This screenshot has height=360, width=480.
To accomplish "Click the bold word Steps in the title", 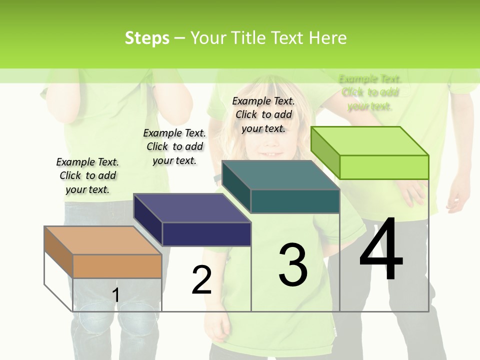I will (147, 38).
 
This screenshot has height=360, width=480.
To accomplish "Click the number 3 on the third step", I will (293, 265).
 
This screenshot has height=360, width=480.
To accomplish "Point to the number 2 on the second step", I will (201, 280).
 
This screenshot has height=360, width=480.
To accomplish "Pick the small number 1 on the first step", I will (116, 295).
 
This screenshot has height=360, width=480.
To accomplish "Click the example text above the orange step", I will (87, 175).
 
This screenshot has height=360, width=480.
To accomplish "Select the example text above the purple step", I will (174, 146).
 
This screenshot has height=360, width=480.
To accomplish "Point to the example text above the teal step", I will (263, 114).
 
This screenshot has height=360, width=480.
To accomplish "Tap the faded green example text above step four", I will (370, 92).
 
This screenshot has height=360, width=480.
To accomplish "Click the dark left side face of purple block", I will (148, 220).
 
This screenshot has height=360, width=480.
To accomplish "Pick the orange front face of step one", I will (117, 266).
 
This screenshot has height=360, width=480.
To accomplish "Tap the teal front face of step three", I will (295, 201).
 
